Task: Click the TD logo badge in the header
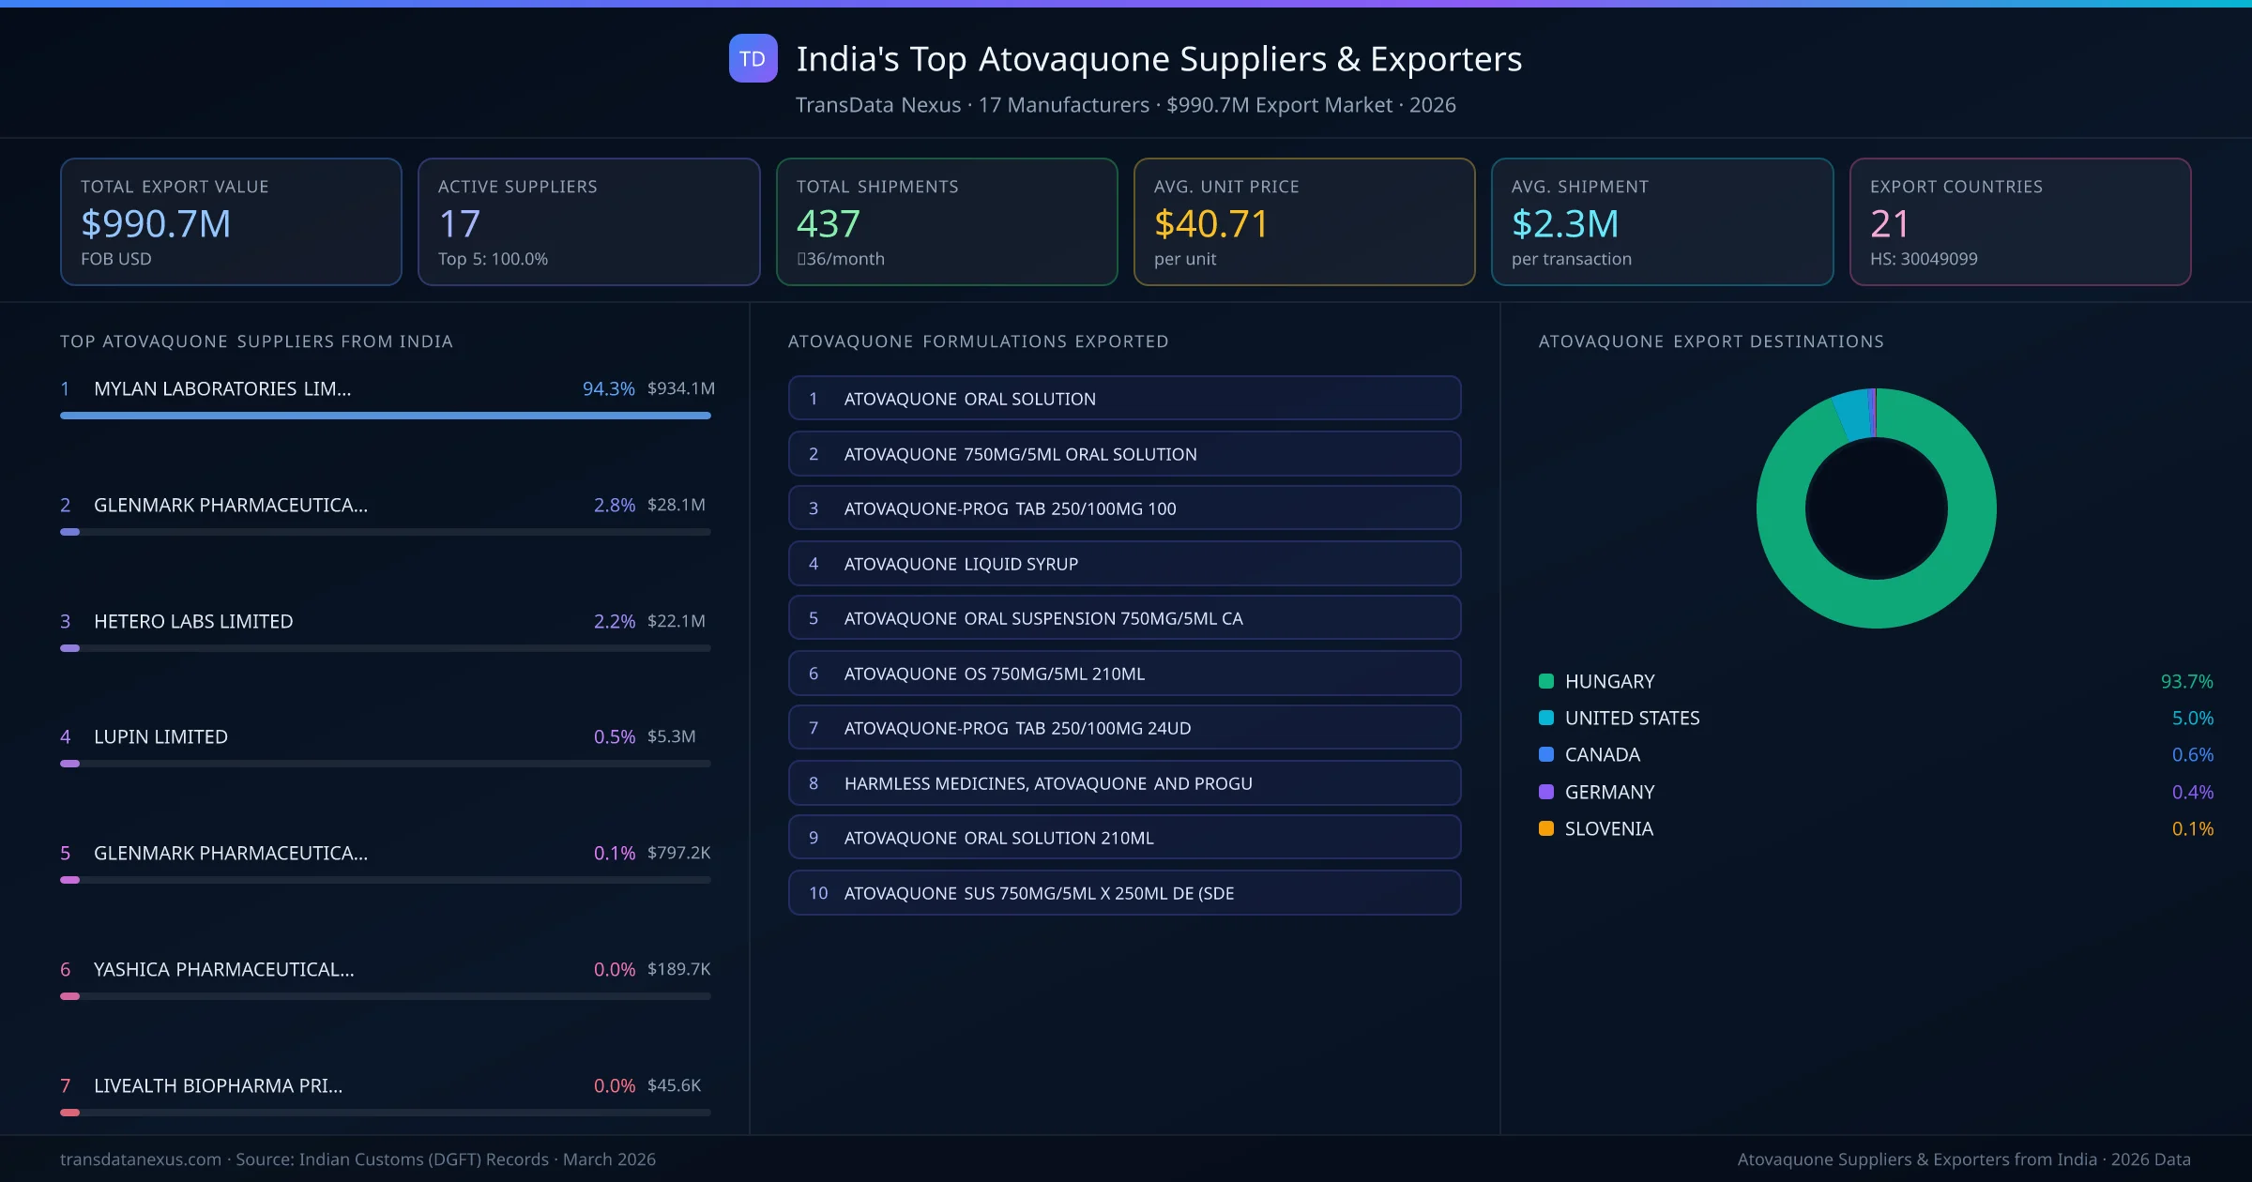753,58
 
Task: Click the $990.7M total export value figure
156,223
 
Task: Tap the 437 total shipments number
828,223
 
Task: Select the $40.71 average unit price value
1210,223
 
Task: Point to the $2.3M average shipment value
1564,223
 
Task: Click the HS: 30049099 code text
1923,259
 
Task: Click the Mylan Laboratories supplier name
222,388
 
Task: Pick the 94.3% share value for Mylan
608,388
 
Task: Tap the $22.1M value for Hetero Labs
676,621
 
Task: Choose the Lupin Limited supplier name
160,736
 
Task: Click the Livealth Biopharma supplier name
218,1085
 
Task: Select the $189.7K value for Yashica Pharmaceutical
678,969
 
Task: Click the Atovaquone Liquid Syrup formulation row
1123,564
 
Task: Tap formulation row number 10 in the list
1123,893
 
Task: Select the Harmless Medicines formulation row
1123,783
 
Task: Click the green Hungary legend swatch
1546,681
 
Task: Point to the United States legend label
1632,718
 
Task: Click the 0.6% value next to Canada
2192,754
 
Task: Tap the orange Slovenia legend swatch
1546,828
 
